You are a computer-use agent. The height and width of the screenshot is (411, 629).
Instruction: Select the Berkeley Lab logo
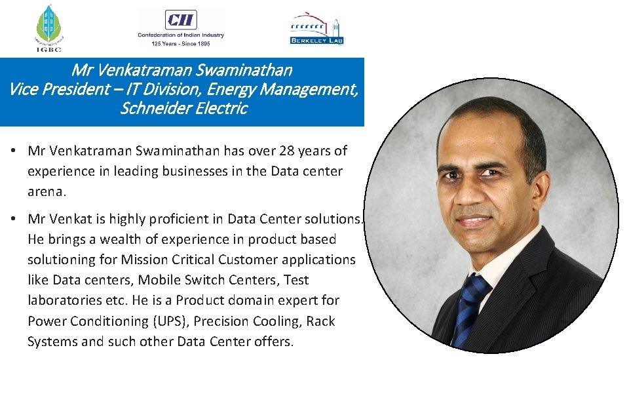[x=316, y=28]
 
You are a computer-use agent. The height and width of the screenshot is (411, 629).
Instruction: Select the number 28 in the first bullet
[x=287, y=151]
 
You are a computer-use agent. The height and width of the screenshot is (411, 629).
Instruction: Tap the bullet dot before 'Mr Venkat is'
[x=13, y=218]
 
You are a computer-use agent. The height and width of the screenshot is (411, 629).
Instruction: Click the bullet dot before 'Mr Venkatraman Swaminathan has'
[x=13, y=151]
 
